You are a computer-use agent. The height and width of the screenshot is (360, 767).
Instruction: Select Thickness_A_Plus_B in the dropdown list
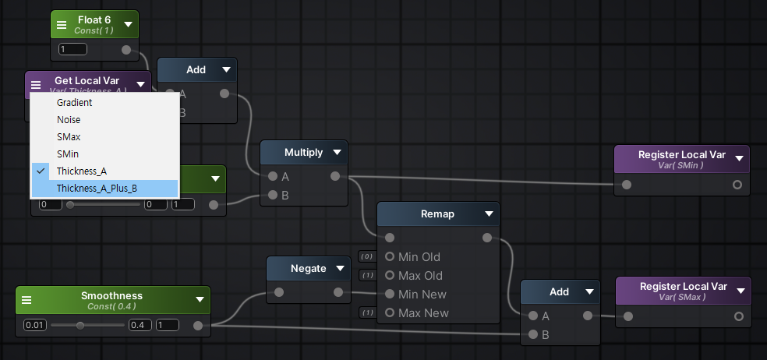coord(97,188)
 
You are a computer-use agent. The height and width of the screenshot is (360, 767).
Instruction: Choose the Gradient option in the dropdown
coord(74,102)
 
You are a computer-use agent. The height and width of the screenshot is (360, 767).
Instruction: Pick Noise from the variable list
coord(69,120)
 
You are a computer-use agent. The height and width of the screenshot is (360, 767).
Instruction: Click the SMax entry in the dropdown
coord(68,137)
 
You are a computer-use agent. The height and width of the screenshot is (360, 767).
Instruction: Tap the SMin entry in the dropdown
coord(67,154)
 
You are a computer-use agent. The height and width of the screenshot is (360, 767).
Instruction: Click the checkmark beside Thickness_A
coord(39,171)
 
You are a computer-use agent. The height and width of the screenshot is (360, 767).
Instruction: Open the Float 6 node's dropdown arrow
coord(128,24)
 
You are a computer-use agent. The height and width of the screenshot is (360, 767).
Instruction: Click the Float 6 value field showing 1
coord(72,50)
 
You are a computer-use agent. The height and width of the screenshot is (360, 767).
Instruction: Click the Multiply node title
coord(303,153)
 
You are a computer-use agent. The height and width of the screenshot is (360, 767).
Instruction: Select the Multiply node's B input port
coord(272,195)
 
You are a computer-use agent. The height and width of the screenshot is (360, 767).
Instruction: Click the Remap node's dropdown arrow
coord(489,214)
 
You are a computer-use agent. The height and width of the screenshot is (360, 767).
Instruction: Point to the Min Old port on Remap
coord(390,256)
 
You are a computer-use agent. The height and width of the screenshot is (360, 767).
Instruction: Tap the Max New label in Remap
coord(423,312)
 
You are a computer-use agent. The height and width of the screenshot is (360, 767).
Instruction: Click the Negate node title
coord(308,268)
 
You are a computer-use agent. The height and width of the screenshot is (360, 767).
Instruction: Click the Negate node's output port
coord(338,293)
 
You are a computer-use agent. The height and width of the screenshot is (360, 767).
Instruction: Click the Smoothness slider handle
coord(80,325)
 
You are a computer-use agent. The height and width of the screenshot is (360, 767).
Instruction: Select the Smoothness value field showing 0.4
coord(140,325)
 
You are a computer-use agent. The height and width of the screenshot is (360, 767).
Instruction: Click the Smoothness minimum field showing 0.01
coord(35,325)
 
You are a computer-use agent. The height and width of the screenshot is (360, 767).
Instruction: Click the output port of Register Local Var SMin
coord(737,185)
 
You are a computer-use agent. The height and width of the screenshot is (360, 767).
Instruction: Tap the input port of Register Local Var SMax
coord(627,316)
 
